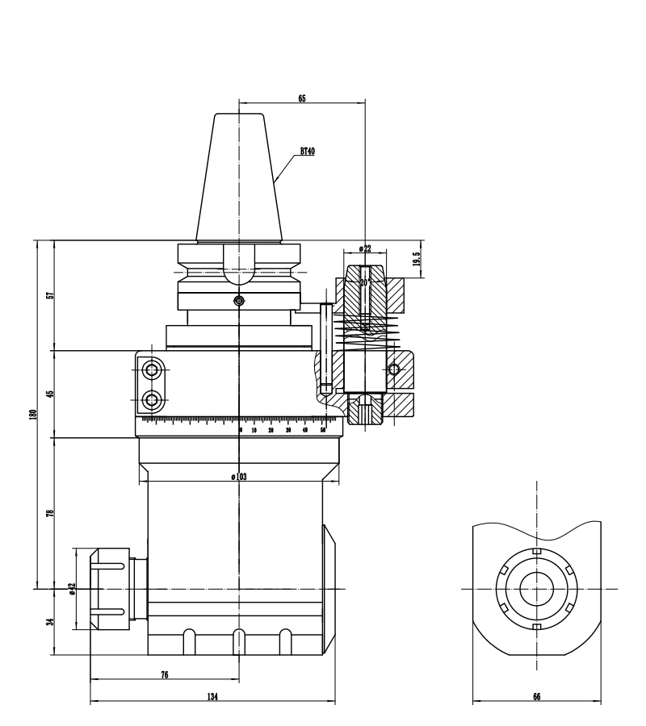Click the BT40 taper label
307,151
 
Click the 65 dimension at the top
302,98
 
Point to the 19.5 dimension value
417,259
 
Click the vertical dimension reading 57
49,295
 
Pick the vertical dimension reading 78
49,513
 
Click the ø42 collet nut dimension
71,589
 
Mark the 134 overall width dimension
212,696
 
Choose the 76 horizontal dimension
165,675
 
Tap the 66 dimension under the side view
536,696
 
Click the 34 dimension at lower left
49,622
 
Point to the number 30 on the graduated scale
287,431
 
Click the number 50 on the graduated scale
323,431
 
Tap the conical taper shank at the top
239,177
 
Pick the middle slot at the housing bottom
238,641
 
